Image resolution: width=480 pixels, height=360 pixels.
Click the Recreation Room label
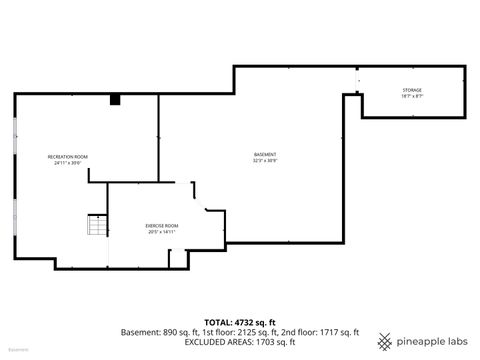tap(68, 157)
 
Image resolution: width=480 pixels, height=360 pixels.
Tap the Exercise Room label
tap(161, 226)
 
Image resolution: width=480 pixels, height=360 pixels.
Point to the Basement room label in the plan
tap(265, 154)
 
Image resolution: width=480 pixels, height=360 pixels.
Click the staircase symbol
tap(97, 226)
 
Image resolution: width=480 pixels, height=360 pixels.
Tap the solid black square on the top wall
tap(115, 99)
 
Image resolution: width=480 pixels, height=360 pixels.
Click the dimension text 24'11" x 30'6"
tap(68, 163)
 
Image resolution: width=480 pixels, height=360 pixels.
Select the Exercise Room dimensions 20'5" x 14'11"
tap(161, 232)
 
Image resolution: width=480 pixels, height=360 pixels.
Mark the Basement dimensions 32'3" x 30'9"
tap(265, 160)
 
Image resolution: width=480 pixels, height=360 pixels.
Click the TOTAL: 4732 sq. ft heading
tap(239, 321)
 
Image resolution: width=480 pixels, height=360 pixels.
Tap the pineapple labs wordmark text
tap(432, 340)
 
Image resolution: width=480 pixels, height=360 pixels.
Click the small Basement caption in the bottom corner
tap(18, 351)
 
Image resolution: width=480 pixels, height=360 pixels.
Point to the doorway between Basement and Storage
tap(357, 82)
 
